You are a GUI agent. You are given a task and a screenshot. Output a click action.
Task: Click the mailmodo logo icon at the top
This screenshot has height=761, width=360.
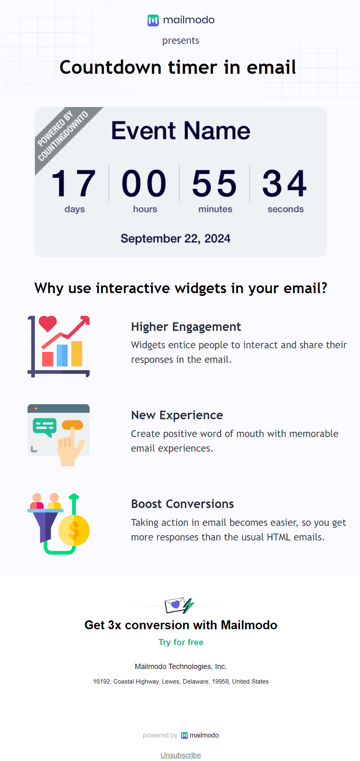[153, 20]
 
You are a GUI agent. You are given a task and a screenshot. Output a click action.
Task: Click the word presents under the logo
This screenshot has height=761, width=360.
[180, 41]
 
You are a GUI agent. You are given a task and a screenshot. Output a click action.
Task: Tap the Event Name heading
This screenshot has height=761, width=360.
[180, 131]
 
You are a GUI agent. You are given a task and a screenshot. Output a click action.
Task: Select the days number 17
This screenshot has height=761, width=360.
[74, 184]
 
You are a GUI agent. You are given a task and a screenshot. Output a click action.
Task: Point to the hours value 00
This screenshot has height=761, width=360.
[144, 184]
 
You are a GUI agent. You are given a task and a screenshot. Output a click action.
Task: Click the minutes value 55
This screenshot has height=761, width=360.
[214, 184]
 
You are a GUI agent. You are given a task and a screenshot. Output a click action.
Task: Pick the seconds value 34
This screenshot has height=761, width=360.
[285, 184]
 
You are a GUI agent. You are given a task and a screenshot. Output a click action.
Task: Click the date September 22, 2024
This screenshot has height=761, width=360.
[175, 238]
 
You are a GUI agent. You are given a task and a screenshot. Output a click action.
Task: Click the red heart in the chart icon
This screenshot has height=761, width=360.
[47, 324]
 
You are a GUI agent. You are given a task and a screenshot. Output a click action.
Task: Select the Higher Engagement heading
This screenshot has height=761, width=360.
[186, 327]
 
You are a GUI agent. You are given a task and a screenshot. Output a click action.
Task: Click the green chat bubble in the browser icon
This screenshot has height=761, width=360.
[44, 426]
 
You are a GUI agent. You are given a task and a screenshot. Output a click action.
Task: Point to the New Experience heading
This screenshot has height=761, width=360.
[177, 415]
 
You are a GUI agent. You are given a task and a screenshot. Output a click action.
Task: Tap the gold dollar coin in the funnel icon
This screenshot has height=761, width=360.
[74, 530]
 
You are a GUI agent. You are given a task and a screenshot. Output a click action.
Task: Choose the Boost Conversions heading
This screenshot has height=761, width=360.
[182, 504]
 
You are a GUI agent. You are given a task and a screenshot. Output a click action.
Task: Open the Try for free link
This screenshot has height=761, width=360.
[181, 642]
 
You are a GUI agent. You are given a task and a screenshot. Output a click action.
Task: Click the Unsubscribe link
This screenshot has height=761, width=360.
[181, 755]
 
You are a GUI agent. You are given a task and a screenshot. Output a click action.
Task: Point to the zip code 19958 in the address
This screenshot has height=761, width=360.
[220, 682]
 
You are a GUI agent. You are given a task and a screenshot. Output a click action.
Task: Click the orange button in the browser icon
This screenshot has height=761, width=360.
[72, 425]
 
